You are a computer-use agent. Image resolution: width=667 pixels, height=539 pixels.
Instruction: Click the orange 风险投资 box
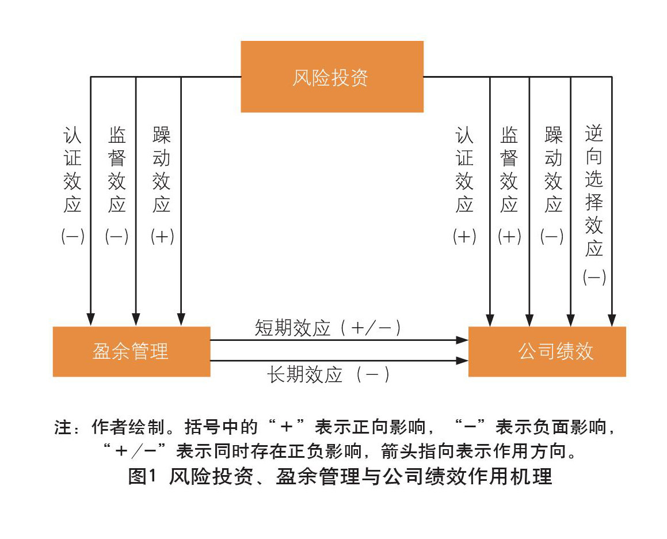[x=331, y=77]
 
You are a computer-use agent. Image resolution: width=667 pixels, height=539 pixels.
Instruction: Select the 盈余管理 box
[x=131, y=351]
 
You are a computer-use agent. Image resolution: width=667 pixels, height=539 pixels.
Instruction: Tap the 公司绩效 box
[x=547, y=351]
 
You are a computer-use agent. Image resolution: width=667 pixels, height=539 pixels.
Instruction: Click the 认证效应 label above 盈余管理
[x=73, y=170]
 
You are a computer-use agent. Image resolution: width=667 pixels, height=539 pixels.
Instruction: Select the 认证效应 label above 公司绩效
[x=464, y=170]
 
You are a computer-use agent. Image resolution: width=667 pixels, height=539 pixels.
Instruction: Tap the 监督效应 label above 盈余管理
[x=117, y=170]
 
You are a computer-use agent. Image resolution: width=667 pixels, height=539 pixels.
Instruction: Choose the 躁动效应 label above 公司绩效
[x=554, y=170]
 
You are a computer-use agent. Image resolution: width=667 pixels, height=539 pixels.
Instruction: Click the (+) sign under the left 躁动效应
[x=162, y=237]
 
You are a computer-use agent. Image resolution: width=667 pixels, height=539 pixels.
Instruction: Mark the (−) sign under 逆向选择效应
[x=594, y=278]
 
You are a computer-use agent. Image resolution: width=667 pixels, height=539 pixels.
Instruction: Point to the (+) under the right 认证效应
[x=464, y=237]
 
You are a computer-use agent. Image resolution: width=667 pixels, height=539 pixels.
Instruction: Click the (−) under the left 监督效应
[x=117, y=237]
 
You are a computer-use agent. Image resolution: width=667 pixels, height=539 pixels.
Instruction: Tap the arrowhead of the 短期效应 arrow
[x=462, y=340]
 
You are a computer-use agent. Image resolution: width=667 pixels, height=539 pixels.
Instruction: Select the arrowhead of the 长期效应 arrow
[x=462, y=361]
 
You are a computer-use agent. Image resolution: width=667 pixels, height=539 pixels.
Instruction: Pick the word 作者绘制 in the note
[x=121, y=428]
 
